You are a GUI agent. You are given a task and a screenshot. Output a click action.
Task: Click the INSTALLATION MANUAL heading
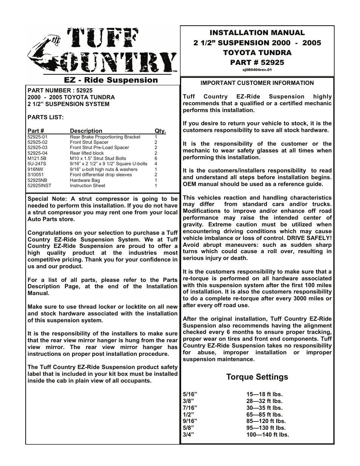coord(257,33)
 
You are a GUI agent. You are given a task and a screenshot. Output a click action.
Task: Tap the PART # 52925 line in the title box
coord(257,62)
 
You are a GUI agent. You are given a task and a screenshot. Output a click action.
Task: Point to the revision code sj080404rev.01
coord(257,70)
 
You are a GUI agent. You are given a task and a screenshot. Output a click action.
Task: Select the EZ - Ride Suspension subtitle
coord(111,80)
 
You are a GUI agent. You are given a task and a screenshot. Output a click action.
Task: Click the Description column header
coord(86,131)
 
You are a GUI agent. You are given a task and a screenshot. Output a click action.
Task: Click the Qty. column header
coord(160,131)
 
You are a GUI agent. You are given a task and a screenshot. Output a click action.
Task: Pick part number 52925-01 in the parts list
coord(38,137)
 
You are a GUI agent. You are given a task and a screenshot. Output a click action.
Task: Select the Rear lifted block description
coord(87,153)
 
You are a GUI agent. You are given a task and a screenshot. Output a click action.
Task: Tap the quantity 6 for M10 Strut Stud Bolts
coord(156,158)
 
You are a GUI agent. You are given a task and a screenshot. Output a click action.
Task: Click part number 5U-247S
coord(37,164)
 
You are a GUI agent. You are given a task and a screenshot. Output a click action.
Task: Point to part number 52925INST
coord(39,186)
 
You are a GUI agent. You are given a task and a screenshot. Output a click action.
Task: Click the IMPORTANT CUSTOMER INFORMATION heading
coord(257,83)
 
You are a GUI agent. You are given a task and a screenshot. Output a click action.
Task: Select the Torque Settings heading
coord(257,377)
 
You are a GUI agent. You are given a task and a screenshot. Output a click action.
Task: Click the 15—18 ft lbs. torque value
coord(264,394)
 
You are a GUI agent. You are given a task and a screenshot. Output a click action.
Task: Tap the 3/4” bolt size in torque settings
coord(188,435)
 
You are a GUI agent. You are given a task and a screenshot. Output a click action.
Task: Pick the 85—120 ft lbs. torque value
coord(266,421)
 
